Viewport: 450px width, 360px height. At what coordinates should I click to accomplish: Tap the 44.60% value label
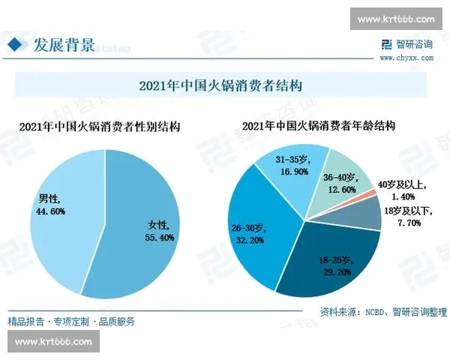tap(52, 211)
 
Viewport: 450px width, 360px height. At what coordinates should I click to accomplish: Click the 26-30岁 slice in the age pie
tap(255, 232)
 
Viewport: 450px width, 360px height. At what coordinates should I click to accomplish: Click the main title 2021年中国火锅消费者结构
tap(224, 84)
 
